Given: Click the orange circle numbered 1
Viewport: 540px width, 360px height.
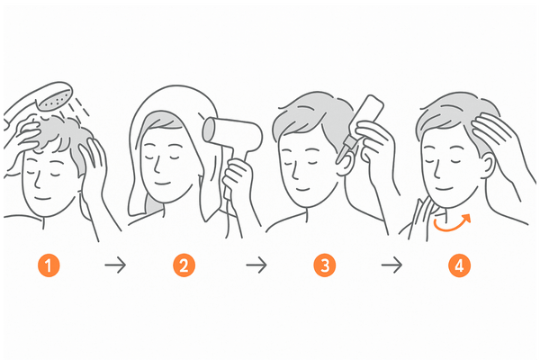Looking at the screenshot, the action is click(49, 265).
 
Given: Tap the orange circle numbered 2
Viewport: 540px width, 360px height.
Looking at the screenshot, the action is click(184, 265).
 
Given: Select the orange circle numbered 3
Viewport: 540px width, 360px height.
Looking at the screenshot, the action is click(324, 265).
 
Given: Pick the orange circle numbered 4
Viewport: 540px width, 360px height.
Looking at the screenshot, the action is click(459, 265).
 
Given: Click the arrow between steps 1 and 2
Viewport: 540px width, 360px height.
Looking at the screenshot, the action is click(115, 265).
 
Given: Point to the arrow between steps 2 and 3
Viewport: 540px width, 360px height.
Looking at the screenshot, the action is click(256, 265).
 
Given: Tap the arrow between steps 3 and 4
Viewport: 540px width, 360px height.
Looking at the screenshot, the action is click(391, 265).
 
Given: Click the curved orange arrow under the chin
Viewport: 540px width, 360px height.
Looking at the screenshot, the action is click(451, 229).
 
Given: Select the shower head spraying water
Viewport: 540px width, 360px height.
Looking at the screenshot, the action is click(55, 96).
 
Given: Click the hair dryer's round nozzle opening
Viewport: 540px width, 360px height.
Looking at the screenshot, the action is click(209, 130).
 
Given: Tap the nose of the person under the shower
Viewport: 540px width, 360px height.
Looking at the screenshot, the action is click(37, 180).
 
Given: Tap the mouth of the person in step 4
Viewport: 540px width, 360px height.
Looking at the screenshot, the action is click(444, 189).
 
